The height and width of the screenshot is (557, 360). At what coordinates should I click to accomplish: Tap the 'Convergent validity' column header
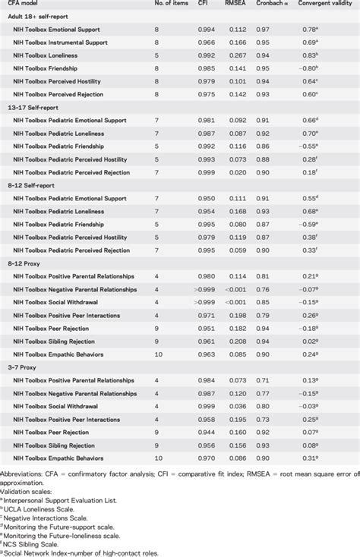(x=325, y=5)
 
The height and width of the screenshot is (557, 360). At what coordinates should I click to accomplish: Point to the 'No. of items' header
(x=167, y=5)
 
